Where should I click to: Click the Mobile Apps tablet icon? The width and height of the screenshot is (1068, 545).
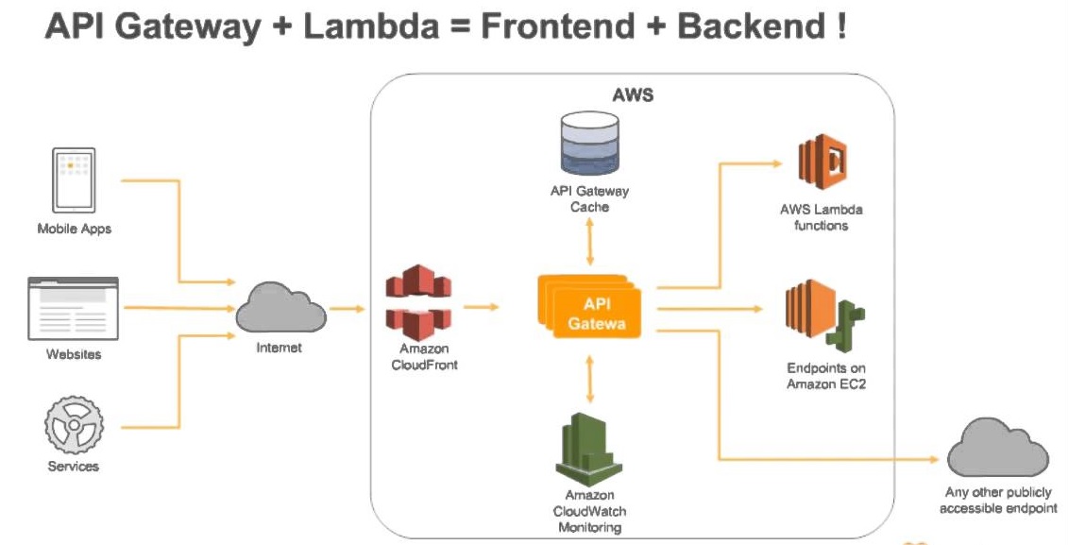pos(74,180)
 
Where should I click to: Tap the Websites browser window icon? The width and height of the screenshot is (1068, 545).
pos(74,308)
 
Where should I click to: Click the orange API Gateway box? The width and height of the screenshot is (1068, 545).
pos(590,307)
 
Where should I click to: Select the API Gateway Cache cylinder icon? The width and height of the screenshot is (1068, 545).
pos(588,144)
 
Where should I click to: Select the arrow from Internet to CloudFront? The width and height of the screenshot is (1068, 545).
pos(348,308)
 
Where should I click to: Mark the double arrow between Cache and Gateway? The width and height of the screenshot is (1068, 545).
pos(589,243)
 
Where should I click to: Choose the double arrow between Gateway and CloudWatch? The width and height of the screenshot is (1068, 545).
pos(589,379)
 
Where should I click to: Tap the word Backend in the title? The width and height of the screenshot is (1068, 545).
pos(747,27)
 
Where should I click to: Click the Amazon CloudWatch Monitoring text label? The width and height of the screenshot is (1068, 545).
pos(589,511)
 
